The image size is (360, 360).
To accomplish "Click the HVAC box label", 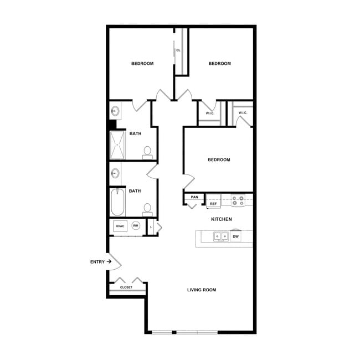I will [x=120, y=226].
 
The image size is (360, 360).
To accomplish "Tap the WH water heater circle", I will [x=135, y=226].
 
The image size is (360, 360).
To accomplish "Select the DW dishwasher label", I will [x=235, y=236].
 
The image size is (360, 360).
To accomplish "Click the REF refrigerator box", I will [x=213, y=204].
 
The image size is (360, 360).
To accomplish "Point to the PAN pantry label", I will [x=194, y=197].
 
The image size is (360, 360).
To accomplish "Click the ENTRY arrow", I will [x=110, y=261].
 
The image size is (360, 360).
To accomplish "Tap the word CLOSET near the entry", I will [x=126, y=287].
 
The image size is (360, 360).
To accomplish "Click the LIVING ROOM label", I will [x=201, y=290].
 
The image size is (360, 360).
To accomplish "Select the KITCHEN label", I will [x=222, y=219].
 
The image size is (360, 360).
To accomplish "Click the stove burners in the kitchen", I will [x=238, y=200].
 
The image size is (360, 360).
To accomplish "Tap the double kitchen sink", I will [x=222, y=236].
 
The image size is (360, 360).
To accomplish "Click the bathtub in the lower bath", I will [x=117, y=203].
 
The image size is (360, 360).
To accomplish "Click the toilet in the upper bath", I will [x=147, y=152].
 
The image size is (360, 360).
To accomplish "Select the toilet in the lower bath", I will [x=147, y=209].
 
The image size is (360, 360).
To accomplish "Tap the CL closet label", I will [x=178, y=50].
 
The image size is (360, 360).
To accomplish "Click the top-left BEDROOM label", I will [x=142, y=64].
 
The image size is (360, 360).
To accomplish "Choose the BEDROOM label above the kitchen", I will [x=219, y=160].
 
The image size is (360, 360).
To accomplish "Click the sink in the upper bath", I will [x=115, y=110].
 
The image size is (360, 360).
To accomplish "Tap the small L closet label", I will [x=151, y=227].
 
